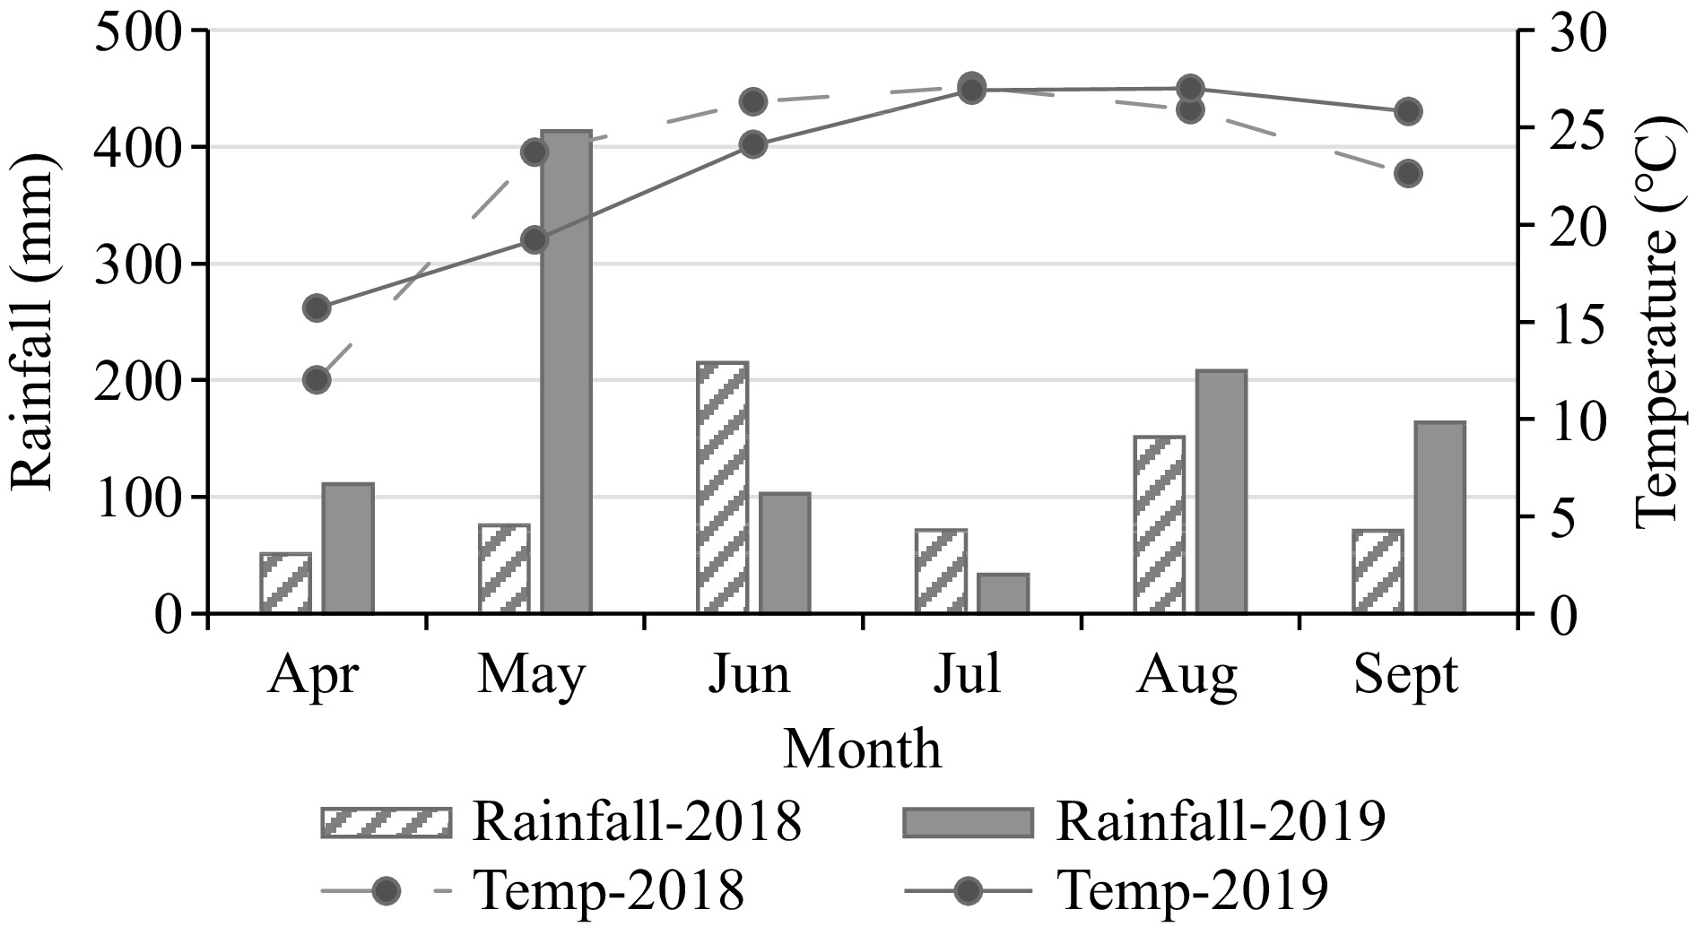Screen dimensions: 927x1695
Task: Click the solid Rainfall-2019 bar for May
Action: coord(566,372)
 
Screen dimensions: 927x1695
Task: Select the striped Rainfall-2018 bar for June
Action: coord(722,488)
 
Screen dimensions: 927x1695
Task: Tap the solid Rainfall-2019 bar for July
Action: coord(1004,593)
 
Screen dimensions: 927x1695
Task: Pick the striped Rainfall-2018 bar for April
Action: coord(286,584)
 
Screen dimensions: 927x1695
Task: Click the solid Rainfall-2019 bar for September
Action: coord(1439,517)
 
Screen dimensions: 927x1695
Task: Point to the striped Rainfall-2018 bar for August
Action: coord(1159,524)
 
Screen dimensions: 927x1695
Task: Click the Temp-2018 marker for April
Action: coord(317,380)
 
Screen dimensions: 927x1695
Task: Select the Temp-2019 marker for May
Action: coord(535,240)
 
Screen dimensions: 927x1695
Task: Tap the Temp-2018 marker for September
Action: coord(1407,174)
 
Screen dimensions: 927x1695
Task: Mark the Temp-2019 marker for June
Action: coord(752,144)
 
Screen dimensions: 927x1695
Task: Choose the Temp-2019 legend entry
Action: coord(1192,890)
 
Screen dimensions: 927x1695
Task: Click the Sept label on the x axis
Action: coord(1405,674)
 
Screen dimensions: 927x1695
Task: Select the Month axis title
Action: coord(863,749)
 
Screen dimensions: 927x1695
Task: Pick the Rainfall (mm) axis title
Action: coord(34,323)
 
